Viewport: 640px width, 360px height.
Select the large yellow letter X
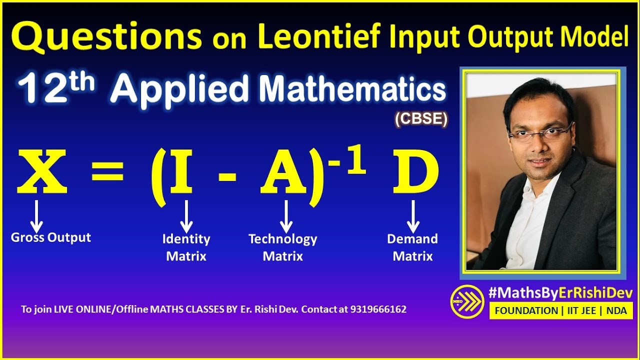coord(42,172)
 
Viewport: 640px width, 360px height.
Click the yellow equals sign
coord(107,173)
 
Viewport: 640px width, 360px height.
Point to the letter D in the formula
coord(415,173)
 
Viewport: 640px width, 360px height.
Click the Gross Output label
coord(51,237)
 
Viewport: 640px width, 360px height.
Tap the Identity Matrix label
coord(186,247)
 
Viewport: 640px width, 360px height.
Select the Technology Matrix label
coord(283,247)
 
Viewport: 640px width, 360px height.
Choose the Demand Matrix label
coord(412,247)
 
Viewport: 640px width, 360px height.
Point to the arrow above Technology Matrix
coord(286,216)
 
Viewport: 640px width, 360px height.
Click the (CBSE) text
coord(421,119)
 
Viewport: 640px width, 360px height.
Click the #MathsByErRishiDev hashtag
coord(560,293)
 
